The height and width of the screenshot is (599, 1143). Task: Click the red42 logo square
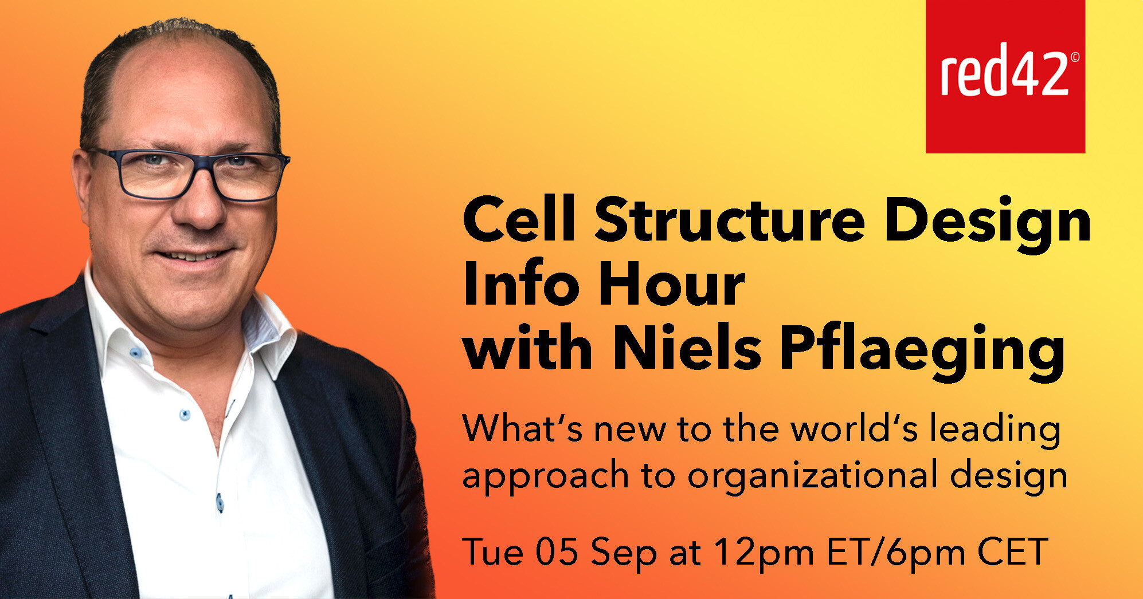[x=1005, y=76]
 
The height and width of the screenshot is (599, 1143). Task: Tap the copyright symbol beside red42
[x=1075, y=57]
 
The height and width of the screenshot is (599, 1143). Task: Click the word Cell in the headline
[x=519, y=219]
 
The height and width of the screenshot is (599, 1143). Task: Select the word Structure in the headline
[x=730, y=219]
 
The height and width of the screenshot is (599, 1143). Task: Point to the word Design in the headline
[x=988, y=223]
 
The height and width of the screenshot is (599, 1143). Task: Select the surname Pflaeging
[x=922, y=352]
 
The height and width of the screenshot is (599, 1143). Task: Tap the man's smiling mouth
[x=192, y=255]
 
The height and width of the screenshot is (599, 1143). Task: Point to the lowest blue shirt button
[x=220, y=502]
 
